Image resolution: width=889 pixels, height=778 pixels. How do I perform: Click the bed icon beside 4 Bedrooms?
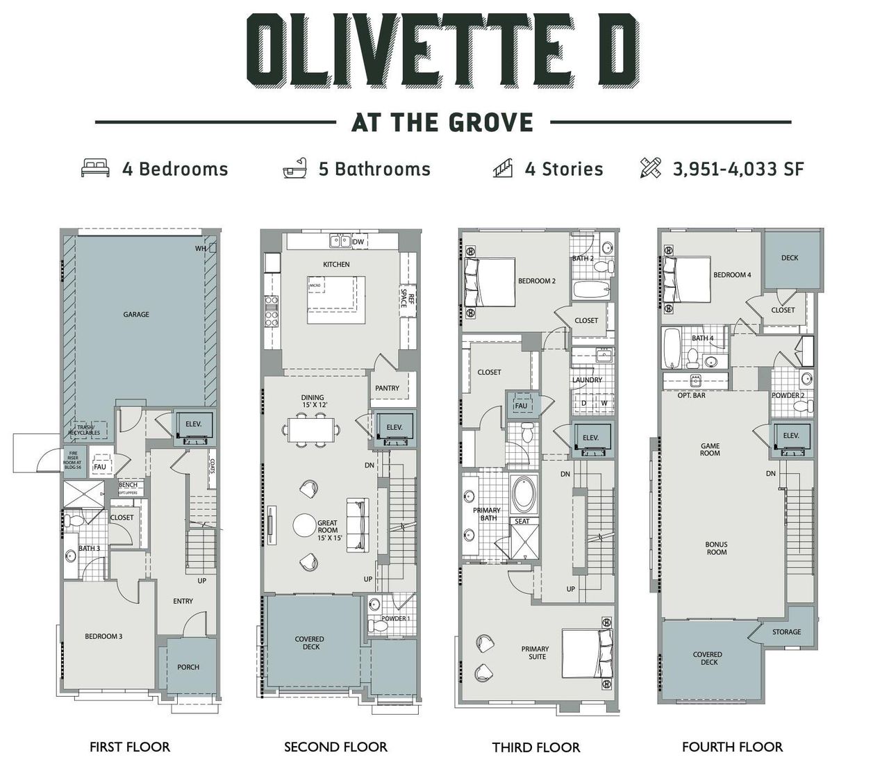(95, 169)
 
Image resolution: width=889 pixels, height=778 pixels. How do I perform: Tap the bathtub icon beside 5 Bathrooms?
(295, 169)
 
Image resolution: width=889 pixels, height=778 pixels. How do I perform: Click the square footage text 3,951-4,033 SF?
(738, 169)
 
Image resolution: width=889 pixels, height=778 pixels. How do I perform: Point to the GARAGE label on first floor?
(136, 315)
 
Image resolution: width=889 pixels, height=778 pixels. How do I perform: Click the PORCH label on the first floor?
(188, 667)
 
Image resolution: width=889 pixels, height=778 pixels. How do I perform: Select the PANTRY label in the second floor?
(387, 388)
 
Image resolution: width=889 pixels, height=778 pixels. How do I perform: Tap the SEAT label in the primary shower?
(522, 521)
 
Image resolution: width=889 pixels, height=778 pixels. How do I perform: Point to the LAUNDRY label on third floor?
(587, 380)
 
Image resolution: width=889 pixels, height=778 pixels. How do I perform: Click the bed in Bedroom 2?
(490, 282)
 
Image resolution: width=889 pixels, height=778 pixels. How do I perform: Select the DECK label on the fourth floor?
(790, 258)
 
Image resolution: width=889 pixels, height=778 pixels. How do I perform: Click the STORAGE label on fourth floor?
(786, 632)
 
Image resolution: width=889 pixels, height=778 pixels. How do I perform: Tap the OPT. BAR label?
(691, 395)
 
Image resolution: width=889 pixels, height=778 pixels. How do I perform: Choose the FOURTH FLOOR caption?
(732, 747)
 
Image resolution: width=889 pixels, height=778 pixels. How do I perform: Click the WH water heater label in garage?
(200, 248)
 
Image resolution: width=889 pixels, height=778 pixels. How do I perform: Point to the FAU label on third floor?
(521, 406)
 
